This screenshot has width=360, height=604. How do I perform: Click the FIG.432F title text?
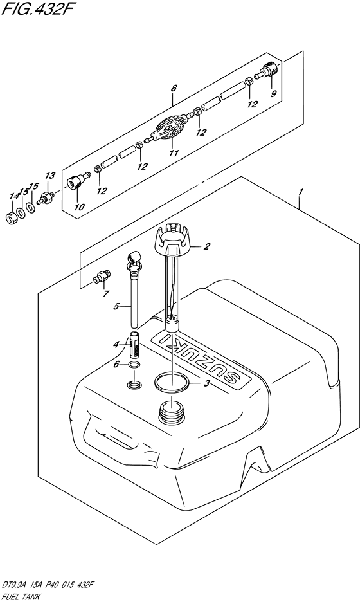coord(36,9)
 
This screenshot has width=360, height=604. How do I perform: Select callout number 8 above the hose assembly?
coord(174,88)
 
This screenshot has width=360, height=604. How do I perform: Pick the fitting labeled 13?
coord(46,196)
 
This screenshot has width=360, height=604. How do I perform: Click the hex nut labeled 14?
coord(13,217)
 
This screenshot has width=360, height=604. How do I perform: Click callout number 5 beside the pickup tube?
coord(116,306)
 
